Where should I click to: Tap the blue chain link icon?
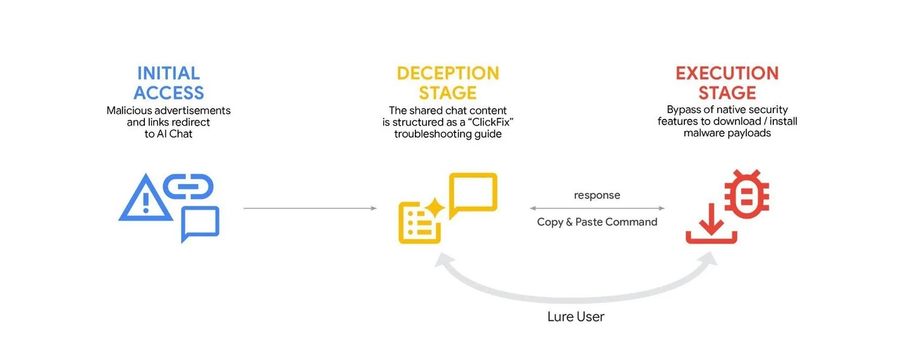[x=188, y=187]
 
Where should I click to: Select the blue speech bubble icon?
[x=200, y=224]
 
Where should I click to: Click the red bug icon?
[x=746, y=194]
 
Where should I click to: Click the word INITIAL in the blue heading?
[x=168, y=73]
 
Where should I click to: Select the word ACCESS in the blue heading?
[x=168, y=93]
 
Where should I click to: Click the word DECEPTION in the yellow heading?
[x=448, y=73]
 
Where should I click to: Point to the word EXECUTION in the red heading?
[x=727, y=73]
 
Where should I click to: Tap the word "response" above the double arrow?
[x=597, y=195]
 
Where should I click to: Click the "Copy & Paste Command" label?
[x=597, y=222]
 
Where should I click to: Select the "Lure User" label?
[x=575, y=317]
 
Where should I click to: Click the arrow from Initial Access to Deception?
[x=310, y=209]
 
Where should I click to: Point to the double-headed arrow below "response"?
[x=597, y=209]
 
